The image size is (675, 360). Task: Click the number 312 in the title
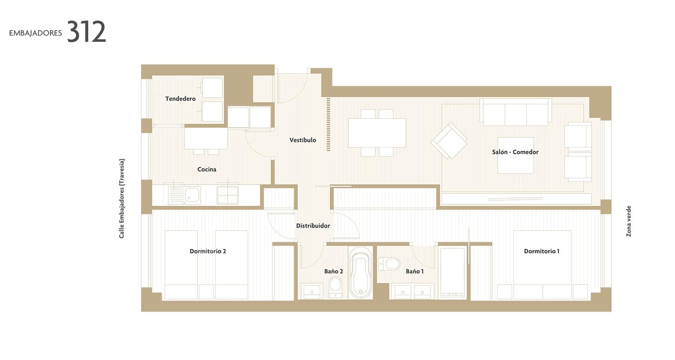86,31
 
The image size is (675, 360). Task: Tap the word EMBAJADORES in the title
36,33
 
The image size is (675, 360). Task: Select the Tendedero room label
180,99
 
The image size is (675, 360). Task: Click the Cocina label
207,169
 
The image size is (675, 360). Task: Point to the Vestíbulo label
303,140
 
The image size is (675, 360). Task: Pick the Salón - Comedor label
515,152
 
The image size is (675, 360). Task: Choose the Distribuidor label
313,225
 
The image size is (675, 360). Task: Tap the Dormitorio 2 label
208,251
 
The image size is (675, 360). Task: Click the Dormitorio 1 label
542,251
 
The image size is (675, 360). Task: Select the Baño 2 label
333,271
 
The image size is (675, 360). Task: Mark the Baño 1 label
414,271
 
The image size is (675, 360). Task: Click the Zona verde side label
629,221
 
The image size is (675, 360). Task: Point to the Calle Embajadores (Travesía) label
122,198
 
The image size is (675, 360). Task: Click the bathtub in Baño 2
360,273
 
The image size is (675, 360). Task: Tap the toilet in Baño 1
389,264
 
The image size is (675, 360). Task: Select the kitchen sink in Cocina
184,195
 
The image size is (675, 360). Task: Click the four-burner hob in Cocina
228,195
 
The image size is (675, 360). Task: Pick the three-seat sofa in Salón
516,112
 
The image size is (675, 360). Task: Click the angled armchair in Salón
449,141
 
